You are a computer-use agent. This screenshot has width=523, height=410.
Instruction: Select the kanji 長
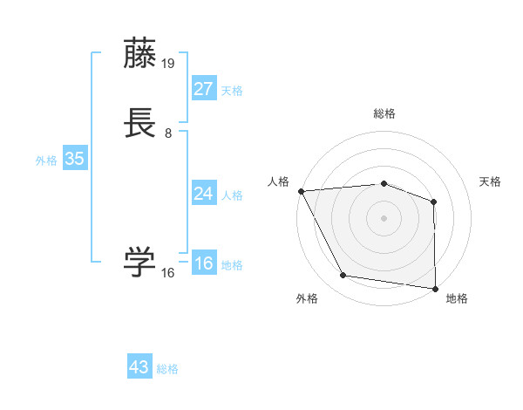tap(141, 124)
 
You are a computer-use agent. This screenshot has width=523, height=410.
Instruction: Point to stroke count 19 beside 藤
tap(169, 64)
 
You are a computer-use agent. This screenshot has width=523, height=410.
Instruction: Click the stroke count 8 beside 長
tap(168, 133)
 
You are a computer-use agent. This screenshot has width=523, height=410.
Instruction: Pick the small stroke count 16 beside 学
tap(168, 273)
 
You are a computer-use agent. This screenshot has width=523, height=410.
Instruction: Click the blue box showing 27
tap(203, 89)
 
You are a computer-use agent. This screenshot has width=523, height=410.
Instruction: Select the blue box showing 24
tap(203, 194)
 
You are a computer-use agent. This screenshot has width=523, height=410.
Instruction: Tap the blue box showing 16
tap(203, 263)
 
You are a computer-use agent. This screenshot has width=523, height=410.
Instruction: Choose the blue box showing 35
tap(74, 159)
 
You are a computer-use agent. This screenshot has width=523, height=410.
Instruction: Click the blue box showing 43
tap(139, 367)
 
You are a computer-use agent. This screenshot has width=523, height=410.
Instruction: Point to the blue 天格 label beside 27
tap(232, 91)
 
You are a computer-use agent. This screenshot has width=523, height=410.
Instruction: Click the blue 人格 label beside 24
tap(232, 195)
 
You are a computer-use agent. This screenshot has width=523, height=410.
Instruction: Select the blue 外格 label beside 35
tap(46, 161)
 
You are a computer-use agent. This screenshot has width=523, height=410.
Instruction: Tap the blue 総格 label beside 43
tap(167, 369)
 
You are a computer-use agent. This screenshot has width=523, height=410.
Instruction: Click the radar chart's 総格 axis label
tap(384, 113)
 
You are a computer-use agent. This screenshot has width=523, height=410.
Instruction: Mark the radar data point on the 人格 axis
tap(301, 190)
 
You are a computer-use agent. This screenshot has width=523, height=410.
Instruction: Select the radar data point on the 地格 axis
tap(435, 288)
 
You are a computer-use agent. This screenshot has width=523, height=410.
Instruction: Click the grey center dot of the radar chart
tap(384, 217)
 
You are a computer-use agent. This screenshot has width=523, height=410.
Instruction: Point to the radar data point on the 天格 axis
tap(434, 202)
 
